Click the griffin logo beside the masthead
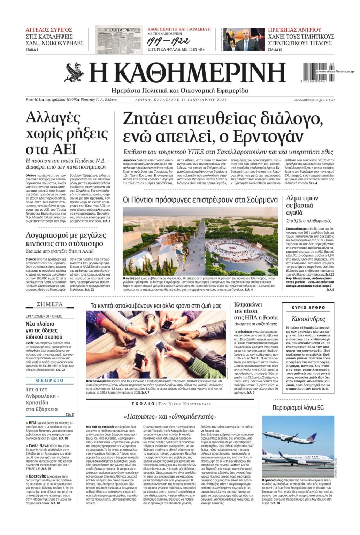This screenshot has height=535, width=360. [x=74, y=72]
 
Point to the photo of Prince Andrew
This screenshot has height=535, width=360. [x=244, y=39]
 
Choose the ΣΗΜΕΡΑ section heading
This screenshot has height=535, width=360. [x=50, y=304]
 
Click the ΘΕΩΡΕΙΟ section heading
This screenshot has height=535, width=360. [x=50, y=380]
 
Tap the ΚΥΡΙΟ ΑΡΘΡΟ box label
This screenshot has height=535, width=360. [x=308, y=308]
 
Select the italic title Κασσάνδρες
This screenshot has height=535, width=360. [x=308, y=319]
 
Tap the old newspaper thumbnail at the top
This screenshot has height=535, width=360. [x=119, y=39]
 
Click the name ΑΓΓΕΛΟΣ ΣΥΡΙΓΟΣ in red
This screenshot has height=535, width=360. [x=49, y=30]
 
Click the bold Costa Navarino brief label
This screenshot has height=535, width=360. [x=43, y=445]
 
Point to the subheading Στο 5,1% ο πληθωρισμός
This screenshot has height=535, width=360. [x=308, y=221]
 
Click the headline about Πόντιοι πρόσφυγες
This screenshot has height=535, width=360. [x=200, y=200]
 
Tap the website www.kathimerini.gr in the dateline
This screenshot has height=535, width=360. [x=308, y=100]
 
